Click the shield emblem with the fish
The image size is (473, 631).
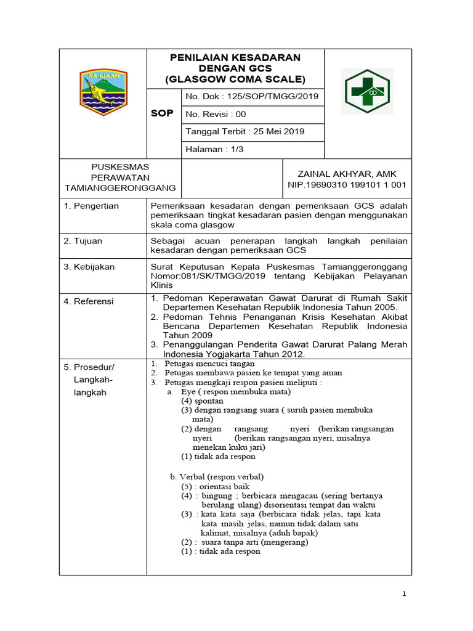point(102,93)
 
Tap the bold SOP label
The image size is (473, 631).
point(162,113)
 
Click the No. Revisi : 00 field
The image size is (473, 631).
point(216,114)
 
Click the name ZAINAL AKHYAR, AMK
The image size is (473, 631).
point(347,174)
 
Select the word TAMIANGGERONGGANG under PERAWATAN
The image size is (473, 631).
point(120,187)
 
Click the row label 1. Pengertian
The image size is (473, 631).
point(92,206)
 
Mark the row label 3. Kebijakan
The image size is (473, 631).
point(89,267)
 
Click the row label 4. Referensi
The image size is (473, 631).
point(90,301)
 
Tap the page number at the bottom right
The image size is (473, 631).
point(404,593)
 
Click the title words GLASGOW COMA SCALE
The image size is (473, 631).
point(235,79)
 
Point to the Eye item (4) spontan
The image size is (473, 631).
point(202,401)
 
